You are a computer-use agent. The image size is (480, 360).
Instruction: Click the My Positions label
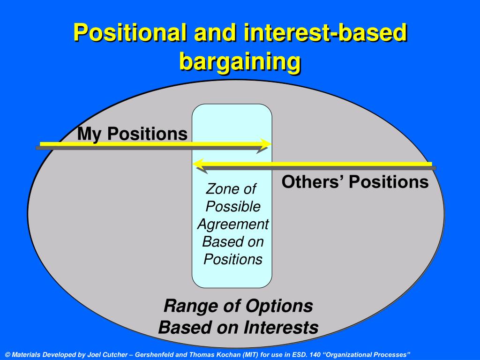pos(132,134)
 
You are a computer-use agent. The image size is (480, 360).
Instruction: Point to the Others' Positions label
pos(355,182)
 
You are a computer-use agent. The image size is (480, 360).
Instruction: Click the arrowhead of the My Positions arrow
pos(266,143)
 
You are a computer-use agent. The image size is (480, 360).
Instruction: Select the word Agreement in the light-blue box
pos(232,224)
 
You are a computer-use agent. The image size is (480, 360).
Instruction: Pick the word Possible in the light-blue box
pos(232,206)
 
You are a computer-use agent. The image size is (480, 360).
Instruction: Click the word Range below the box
pos(187,306)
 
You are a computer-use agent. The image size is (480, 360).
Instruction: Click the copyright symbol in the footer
pos(7,354)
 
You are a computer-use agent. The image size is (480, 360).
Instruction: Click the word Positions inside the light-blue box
pos(232,259)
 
